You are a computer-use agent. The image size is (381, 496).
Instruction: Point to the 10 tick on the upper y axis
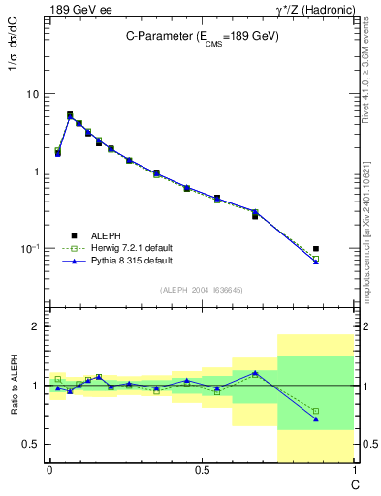tap(34, 94)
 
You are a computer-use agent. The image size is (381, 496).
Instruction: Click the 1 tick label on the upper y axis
tap(37, 171)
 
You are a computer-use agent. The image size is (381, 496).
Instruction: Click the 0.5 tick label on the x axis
tap(201, 469)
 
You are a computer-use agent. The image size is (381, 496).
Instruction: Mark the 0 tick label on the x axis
tap(49, 469)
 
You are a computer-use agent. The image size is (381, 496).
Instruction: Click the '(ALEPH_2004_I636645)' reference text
tap(203, 290)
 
